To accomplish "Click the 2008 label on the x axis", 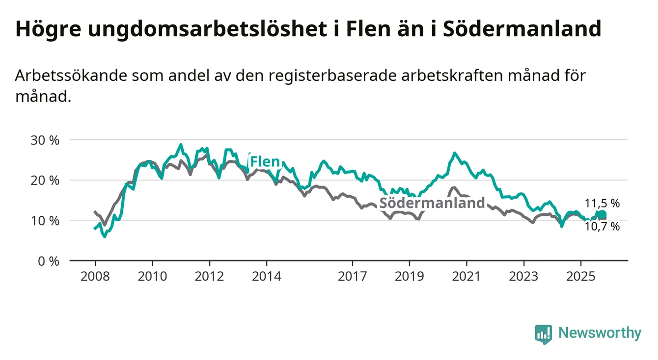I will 95,276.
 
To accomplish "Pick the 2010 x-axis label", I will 152,276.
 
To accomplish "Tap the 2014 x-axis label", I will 267,276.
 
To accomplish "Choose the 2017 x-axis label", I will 353,276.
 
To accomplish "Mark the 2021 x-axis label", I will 466,276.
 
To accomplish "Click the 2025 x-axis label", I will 581,276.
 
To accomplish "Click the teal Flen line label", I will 265,161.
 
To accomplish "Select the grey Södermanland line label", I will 432,203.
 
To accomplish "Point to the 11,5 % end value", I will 602,203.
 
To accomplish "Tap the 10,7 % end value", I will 602,227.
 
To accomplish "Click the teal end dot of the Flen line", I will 603,214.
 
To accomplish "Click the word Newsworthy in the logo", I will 600,334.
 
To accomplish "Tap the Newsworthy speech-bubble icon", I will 543,334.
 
